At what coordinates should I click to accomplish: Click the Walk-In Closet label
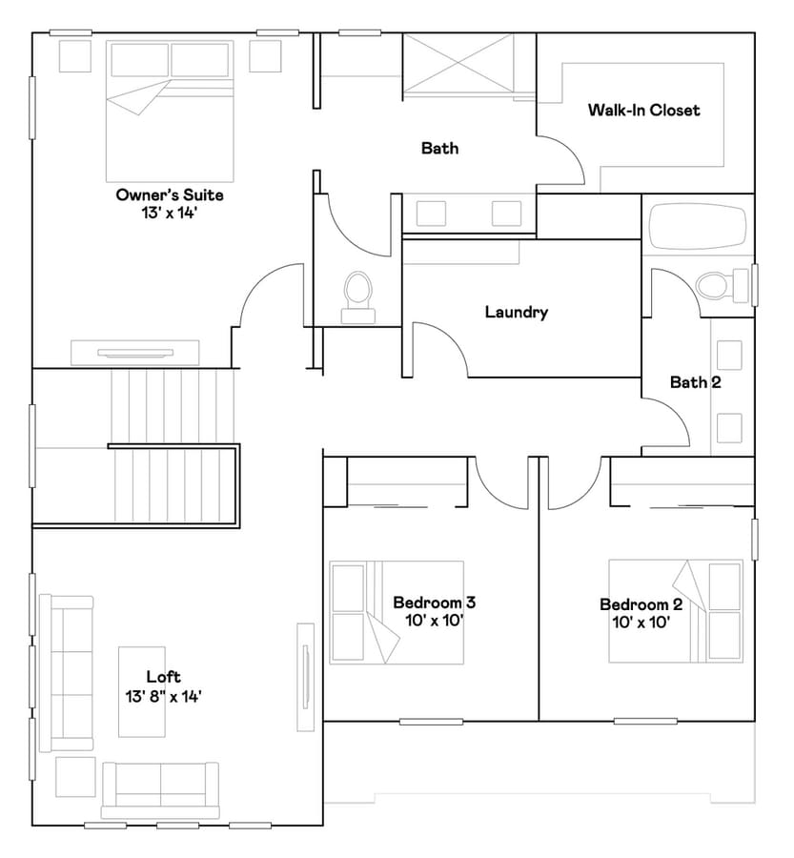(643, 110)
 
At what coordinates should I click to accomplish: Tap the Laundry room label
(516, 312)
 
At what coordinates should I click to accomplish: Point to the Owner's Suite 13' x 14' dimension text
(169, 213)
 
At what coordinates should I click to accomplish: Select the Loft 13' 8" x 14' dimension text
(164, 697)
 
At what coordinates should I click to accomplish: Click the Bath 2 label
(696, 382)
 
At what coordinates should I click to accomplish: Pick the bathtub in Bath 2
(697, 227)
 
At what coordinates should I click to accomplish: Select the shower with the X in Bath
(458, 66)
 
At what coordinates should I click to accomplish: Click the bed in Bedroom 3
(397, 612)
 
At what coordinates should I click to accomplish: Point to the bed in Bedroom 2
(676, 611)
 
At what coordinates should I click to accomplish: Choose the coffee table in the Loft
(142, 692)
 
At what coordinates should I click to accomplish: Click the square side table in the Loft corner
(75, 777)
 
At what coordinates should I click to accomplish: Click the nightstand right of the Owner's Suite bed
(265, 56)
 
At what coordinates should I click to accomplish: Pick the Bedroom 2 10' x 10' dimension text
(641, 623)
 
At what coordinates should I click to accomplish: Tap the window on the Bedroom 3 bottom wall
(431, 722)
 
